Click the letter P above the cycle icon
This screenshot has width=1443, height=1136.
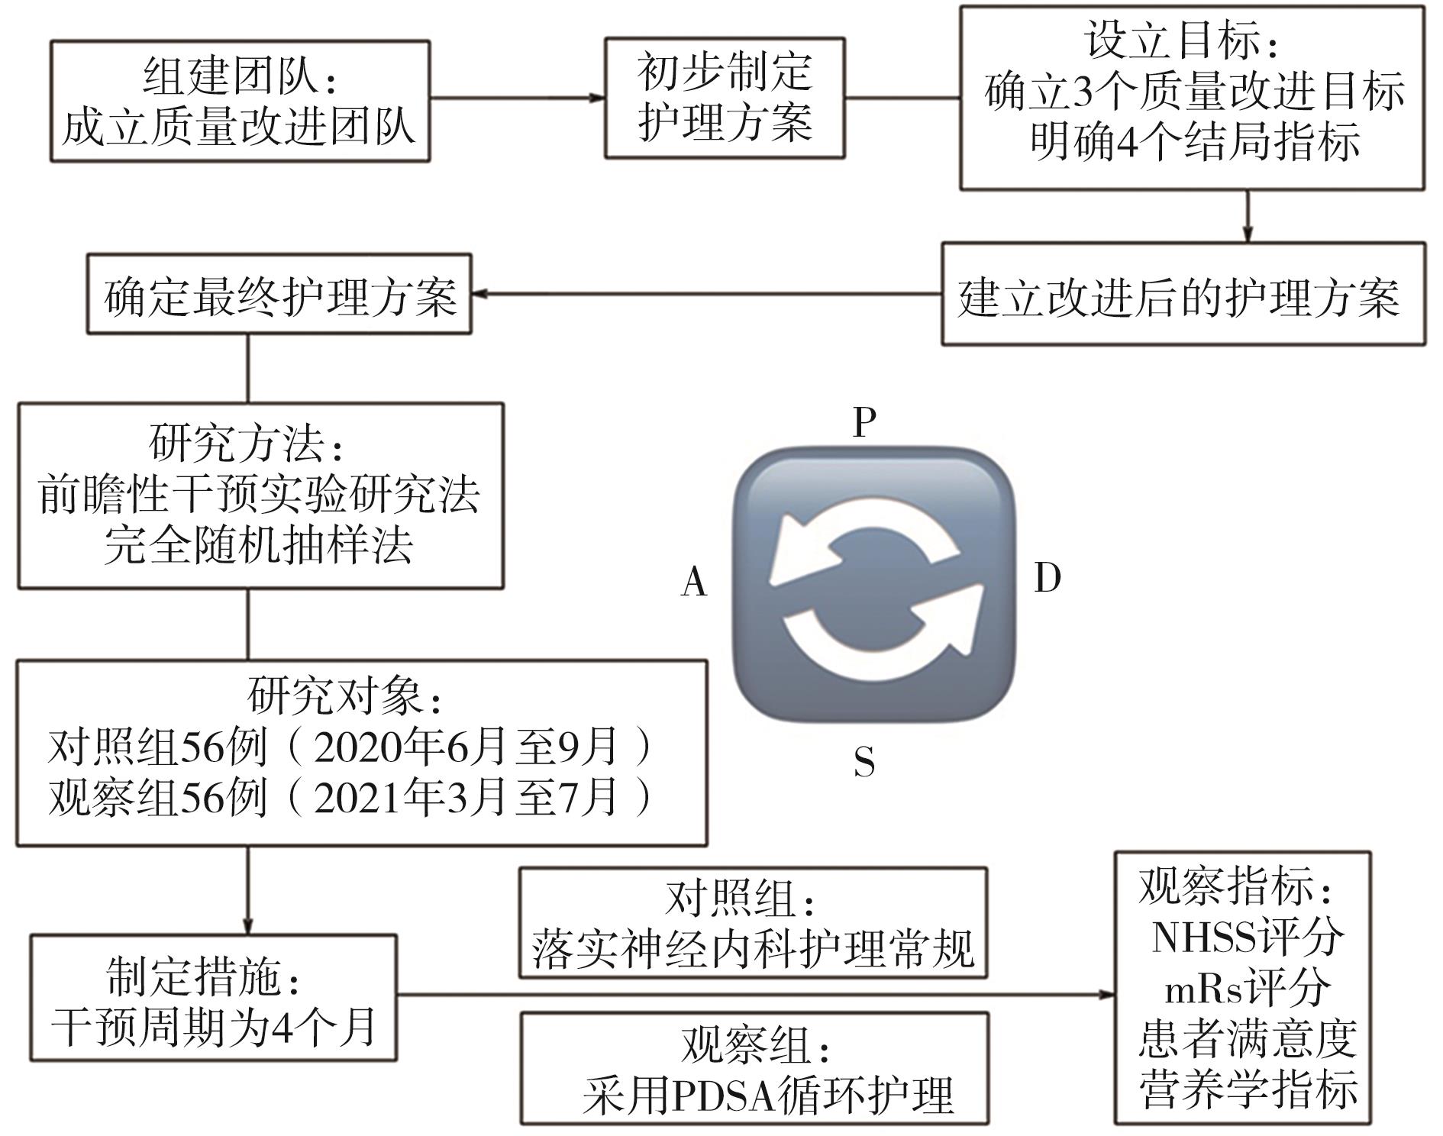coord(864,422)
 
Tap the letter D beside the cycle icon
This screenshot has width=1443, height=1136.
coord(1048,579)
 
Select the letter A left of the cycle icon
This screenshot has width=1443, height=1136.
coord(694,583)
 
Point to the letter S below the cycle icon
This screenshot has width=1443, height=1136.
coord(864,762)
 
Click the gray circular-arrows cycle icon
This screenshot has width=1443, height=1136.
coord(873,586)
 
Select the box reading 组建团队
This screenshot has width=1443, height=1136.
coord(240,102)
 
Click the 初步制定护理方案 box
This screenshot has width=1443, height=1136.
coord(725,98)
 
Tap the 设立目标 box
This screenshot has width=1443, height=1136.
coord(1191,98)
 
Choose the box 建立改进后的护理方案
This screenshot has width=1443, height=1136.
coord(1183,295)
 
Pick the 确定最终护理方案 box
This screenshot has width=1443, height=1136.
coord(279,295)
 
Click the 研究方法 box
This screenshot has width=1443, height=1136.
coord(260,495)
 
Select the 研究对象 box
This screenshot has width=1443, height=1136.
coord(361,752)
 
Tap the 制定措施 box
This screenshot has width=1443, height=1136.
coord(213,997)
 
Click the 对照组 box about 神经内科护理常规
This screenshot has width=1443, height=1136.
coord(753,922)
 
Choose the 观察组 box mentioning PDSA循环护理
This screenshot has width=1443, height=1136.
coord(754,1068)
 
